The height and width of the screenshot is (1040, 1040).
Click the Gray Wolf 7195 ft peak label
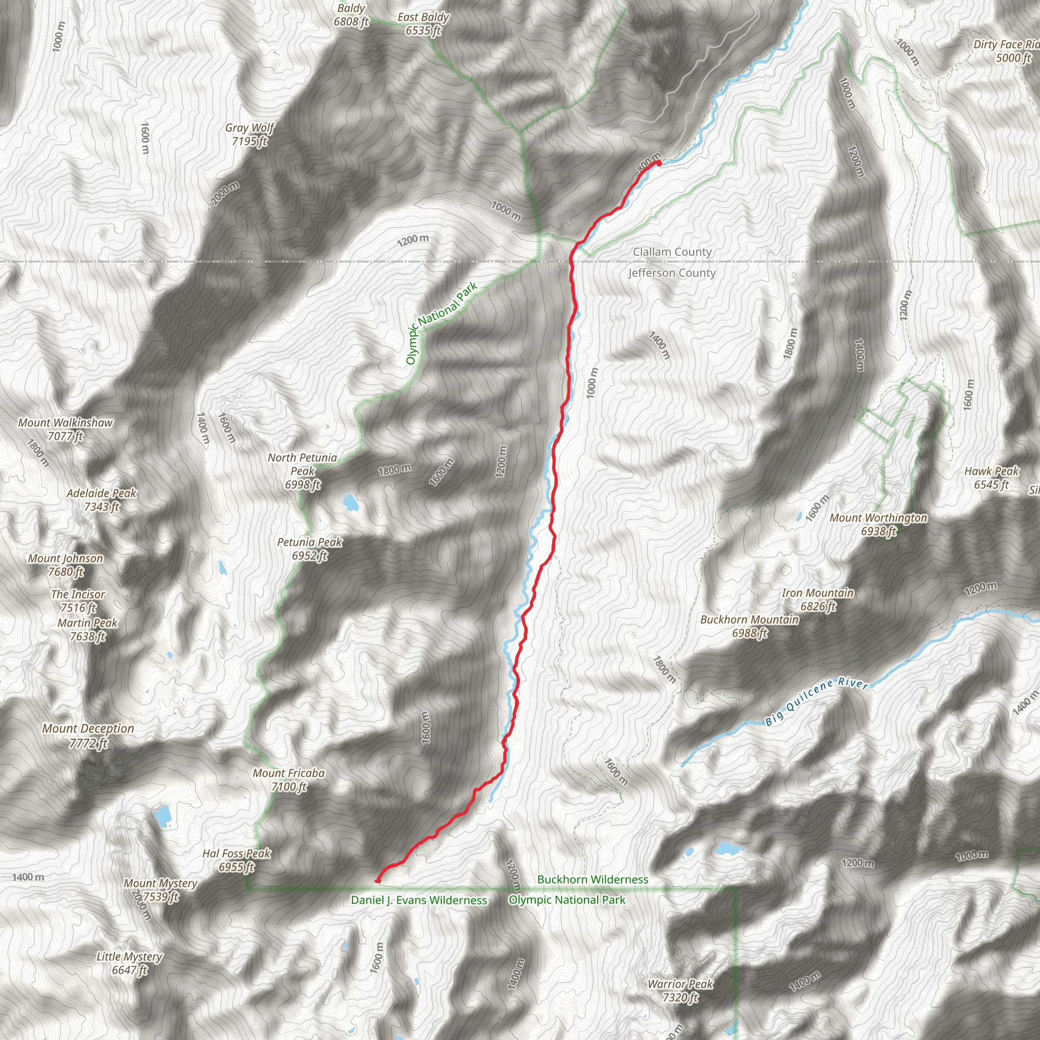click(250, 135)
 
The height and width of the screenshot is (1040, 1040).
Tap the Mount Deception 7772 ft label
click(88, 735)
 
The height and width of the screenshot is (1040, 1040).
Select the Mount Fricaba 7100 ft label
click(289, 780)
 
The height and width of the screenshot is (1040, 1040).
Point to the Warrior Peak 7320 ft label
click(680, 990)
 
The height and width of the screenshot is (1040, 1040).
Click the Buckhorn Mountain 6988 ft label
click(750, 627)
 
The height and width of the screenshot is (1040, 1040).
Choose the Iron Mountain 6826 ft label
click(818, 600)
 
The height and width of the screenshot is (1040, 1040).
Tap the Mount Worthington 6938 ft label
click(879, 524)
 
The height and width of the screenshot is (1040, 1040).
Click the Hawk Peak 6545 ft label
click(992, 477)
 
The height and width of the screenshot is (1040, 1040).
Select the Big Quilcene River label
click(817, 701)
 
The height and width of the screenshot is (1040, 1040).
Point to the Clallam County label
click(672, 252)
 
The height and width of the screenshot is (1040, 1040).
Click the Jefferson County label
click(672, 273)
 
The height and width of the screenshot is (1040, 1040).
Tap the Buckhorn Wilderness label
click(593, 879)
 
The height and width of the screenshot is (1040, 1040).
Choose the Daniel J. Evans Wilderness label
click(419, 900)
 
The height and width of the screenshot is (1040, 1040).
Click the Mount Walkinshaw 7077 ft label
click(65, 429)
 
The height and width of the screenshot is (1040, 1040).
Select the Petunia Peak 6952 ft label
click(310, 548)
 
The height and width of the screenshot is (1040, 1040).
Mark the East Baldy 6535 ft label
click(423, 24)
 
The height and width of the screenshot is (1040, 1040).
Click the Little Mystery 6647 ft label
click(129, 963)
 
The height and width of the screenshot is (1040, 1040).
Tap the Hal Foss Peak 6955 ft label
click(236, 860)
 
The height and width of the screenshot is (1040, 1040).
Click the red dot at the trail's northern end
click(658, 162)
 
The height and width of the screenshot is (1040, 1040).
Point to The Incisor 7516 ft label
click(78, 601)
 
